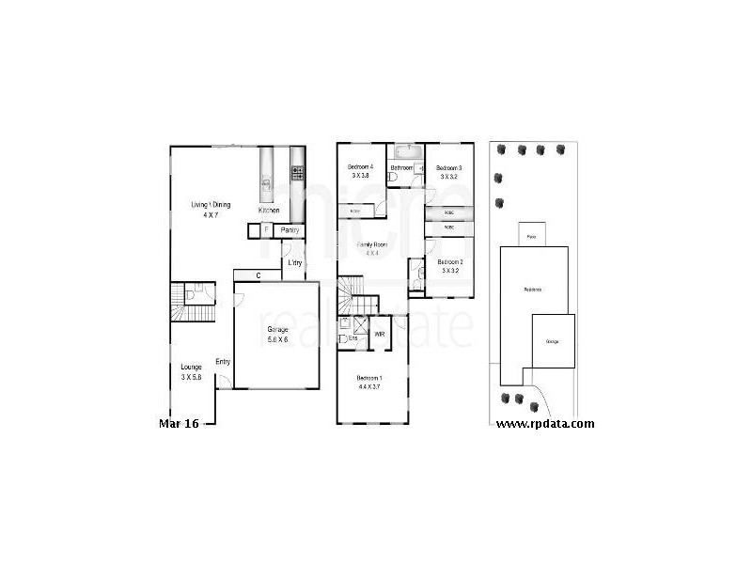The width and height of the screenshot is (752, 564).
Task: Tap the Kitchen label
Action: (269, 211)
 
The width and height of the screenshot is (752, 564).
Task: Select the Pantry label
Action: (290, 229)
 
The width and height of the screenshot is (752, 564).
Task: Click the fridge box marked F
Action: (266, 229)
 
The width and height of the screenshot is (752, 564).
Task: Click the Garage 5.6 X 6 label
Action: (277, 334)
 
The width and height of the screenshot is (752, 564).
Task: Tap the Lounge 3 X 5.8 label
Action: (192, 371)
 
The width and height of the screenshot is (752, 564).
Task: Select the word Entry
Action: (224, 362)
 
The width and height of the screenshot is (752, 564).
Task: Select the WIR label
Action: (381, 334)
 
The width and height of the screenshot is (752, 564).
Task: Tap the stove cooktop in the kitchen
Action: (298, 173)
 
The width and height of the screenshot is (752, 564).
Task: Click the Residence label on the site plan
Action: (533, 290)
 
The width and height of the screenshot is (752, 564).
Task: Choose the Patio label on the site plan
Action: (532, 236)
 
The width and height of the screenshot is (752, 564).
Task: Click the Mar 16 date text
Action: (179, 424)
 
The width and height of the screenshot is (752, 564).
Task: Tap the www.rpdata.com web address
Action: (545, 423)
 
